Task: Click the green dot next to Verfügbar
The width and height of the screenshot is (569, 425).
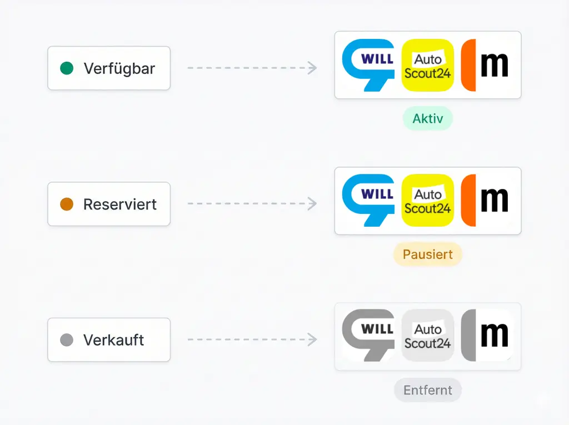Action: [67, 68]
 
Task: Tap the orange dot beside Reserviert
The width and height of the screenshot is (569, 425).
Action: [67, 204]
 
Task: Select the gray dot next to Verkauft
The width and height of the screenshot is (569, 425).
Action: [67, 339]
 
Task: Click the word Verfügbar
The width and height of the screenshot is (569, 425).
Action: [119, 69]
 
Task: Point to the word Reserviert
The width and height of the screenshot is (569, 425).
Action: [120, 204]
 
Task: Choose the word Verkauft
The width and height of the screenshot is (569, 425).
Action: [113, 340]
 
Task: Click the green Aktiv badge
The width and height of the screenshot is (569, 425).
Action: [427, 118]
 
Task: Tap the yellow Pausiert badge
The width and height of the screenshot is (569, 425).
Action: [427, 254]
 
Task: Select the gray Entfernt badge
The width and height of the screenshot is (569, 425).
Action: [427, 390]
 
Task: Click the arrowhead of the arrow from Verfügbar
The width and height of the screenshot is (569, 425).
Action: [313, 68]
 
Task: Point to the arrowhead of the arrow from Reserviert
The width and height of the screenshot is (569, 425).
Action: [313, 203]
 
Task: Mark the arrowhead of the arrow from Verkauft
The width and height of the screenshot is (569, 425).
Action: [313, 339]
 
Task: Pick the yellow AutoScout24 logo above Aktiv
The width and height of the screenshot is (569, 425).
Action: [427, 65]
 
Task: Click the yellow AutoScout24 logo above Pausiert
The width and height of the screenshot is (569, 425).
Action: [427, 201]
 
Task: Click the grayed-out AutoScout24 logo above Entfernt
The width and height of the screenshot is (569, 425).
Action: [427, 336]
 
